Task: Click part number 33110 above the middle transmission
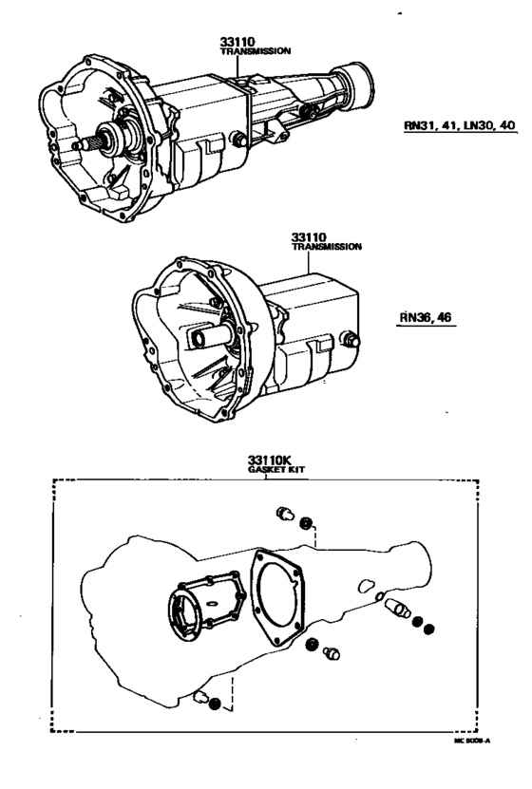310,235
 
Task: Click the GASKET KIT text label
276,469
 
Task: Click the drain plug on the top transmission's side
239,141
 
